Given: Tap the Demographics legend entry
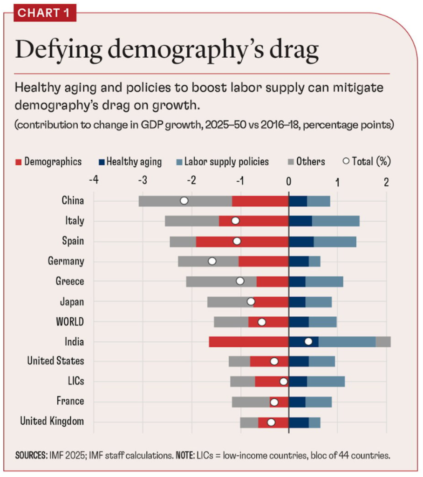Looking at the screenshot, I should point(48,162).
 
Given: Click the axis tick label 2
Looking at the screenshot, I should point(386,180).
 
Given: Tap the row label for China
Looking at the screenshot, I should point(73,201).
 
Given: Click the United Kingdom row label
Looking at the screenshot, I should point(52,422).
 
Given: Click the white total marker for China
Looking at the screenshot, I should point(184,201).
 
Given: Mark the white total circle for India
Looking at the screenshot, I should point(308,341).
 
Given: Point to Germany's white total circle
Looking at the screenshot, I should point(212,261).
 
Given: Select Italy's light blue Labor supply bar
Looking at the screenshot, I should point(335,221).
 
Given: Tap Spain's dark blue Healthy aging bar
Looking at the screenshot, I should point(301,241).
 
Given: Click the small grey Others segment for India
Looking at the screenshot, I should point(383,341).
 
